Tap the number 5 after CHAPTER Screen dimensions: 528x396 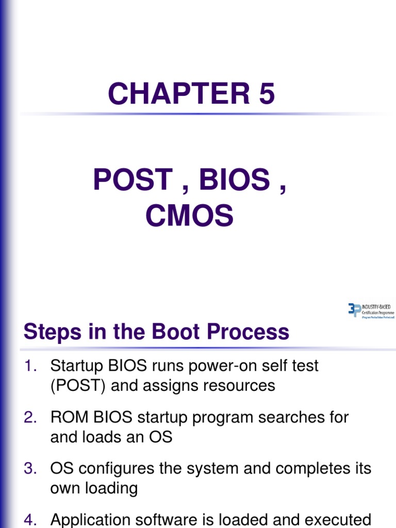point(266,94)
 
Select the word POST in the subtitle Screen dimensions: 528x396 point(133,180)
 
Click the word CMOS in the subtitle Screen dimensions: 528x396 point(189,216)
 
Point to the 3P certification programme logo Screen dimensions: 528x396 point(371,311)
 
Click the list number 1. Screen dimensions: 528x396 point(30,366)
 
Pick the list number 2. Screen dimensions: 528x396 point(30,418)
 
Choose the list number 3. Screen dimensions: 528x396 point(30,469)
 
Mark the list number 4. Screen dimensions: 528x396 point(30,520)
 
